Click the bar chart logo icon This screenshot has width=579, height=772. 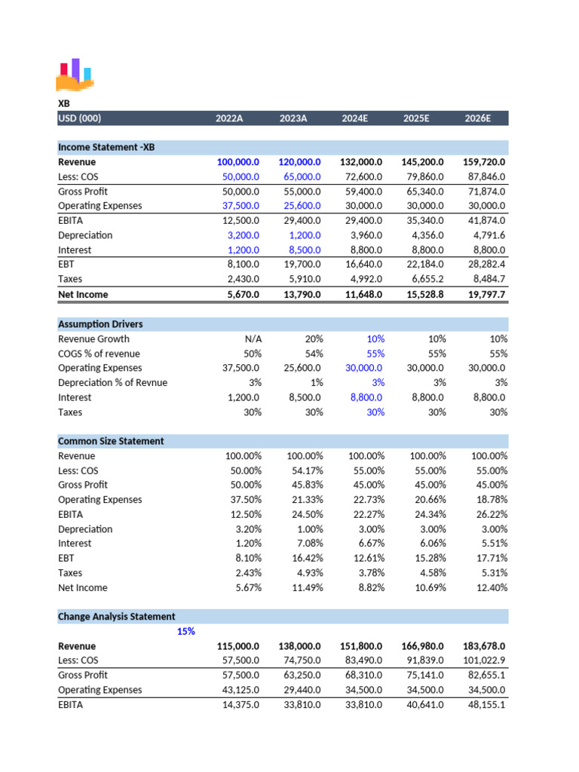pos(75,74)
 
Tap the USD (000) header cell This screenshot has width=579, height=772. pos(80,118)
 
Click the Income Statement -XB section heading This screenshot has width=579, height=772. pos(106,147)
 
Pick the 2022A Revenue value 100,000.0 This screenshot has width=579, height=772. pos(237,162)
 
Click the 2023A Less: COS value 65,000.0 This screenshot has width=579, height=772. pos(299,176)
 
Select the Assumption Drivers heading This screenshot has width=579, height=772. pos(100,324)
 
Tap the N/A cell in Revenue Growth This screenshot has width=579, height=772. pos(250,339)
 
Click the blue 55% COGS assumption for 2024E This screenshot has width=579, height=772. pos(375,354)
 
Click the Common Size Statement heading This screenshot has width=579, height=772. pos(111,441)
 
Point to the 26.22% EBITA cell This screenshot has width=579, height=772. pos(490,514)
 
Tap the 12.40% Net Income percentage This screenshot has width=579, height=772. pos(490,587)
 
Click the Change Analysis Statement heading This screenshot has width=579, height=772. pos(117,617)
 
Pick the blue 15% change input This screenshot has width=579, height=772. pos(185,631)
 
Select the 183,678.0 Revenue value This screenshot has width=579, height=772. pos(484,646)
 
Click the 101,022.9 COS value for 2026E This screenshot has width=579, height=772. pos(484,660)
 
